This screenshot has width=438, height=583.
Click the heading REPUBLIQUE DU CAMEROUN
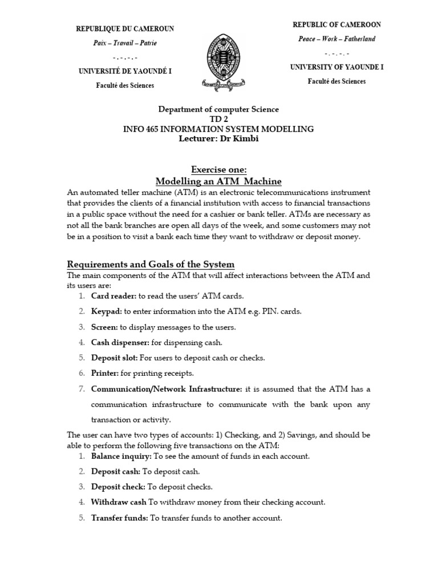point(125,28)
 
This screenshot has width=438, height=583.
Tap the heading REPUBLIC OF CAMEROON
point(336,24)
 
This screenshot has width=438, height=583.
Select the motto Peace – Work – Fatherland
point(336,39)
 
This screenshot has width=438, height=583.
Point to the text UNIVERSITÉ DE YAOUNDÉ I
point(125,71)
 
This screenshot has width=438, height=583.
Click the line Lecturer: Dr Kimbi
point(218,139)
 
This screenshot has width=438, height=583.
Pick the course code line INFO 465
point(218,129)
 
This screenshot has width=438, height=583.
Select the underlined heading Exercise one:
point(218,170)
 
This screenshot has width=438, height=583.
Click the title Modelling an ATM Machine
point(218,181)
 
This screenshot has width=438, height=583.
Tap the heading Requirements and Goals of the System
point(151,264)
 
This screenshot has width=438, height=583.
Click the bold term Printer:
point(105,373)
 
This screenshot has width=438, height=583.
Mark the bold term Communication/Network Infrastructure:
point(167,389)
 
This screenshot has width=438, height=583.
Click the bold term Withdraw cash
point(119,503)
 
